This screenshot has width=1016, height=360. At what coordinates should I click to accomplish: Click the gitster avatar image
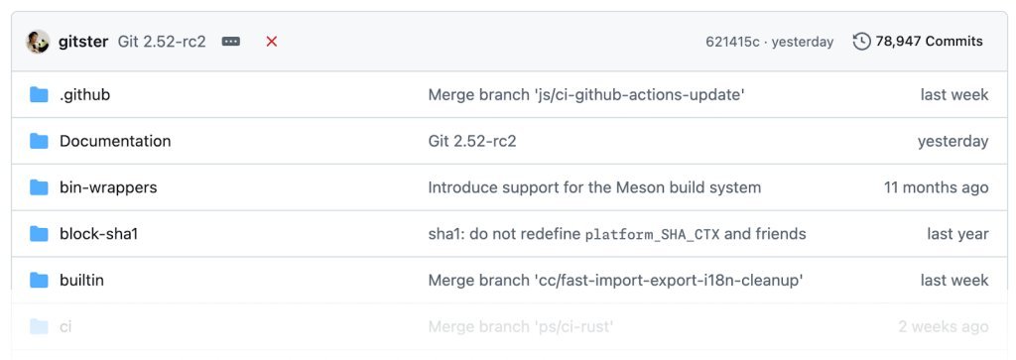[38, 42]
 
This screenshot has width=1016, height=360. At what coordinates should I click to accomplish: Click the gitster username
[84, 42]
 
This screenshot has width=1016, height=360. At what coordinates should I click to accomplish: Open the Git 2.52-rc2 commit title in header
[162, 42]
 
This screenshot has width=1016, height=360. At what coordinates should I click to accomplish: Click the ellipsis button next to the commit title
[231, 42]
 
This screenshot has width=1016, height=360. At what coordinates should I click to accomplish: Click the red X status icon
[272, 42]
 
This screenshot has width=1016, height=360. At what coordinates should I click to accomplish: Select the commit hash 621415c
[732, 42]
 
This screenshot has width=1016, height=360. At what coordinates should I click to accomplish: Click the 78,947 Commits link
[929, 42]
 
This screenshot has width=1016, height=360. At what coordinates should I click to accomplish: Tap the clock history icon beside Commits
[862, 42]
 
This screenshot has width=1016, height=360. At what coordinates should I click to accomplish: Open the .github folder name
[84, 95]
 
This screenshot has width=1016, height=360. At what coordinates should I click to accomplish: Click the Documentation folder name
[115, 141]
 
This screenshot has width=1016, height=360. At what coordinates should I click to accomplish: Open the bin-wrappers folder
[108, 187]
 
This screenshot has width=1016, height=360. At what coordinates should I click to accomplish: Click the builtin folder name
[81, 281]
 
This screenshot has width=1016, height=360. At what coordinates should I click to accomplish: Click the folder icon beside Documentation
[39, 141]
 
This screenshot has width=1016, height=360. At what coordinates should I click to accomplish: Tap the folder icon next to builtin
[39, 281]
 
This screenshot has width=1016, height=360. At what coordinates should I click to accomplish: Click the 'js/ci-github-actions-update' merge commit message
[585, 95]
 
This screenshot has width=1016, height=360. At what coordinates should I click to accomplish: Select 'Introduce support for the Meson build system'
[594, 187]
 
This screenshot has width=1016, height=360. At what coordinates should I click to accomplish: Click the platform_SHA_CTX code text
[652, 235]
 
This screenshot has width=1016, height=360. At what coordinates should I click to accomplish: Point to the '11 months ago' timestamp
[936, 187]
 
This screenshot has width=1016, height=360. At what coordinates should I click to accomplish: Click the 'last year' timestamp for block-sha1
[957, 234]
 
